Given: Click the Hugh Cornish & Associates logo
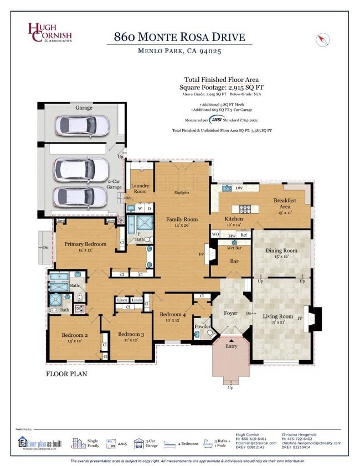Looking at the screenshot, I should pos(50,33).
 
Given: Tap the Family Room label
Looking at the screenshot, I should pos(182,219).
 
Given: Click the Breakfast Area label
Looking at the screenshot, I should pos(285,201).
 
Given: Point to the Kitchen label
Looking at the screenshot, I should pos(233,219).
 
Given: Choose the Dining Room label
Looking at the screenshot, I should pos(281,250).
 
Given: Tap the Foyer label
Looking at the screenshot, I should pos(230,313).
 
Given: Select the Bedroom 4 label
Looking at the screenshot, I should pos(174,314).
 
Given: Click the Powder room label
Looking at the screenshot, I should pos(202,326).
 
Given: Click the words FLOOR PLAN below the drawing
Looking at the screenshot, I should pos(66,374).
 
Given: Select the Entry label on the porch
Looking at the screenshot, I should pos(230,346).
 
